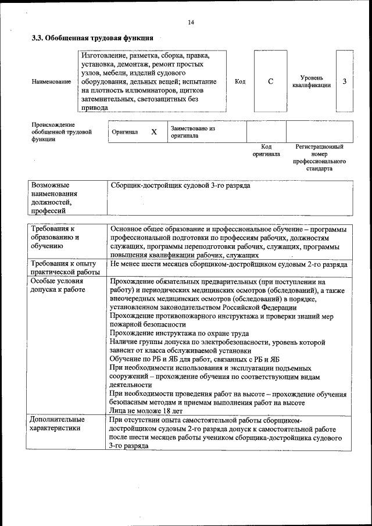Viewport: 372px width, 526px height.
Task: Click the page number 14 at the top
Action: click(191, 23)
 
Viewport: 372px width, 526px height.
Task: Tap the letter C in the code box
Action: click(270, 82)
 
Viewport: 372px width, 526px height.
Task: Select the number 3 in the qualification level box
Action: click(344, 81)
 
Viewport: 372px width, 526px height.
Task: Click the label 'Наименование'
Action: click(51, 82)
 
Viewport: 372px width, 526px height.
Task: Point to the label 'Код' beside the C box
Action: click(240, 82)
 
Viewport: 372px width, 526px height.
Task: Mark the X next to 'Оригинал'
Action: click(154, 132)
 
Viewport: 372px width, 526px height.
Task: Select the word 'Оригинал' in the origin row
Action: click(124, 132)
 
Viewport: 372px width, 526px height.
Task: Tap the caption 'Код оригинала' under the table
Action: click(266, 151)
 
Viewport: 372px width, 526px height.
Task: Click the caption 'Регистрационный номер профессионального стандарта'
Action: click(319, 158)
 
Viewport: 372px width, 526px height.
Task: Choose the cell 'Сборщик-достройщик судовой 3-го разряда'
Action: click(180, 185)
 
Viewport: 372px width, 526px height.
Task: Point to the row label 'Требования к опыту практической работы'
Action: click(65, 268)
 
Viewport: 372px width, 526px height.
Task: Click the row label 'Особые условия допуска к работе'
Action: click(58, 285)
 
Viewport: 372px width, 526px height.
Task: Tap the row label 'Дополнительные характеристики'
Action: click(58, 424)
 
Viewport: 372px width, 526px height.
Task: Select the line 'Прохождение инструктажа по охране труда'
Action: click(179, 334)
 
